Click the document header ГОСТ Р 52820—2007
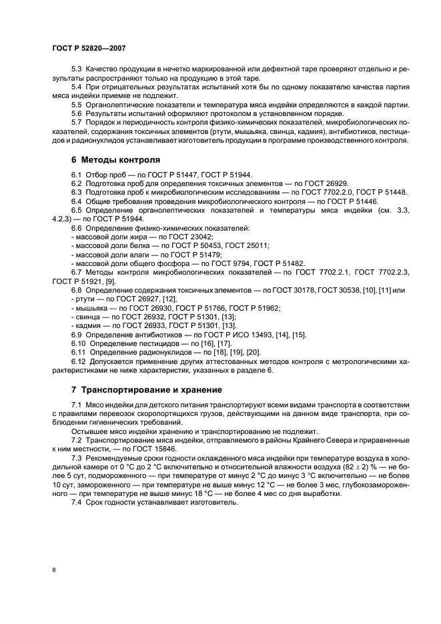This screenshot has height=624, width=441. click(89, 48)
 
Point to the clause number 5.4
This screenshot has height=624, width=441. click(77, 88)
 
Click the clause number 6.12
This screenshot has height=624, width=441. click(79, 361)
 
